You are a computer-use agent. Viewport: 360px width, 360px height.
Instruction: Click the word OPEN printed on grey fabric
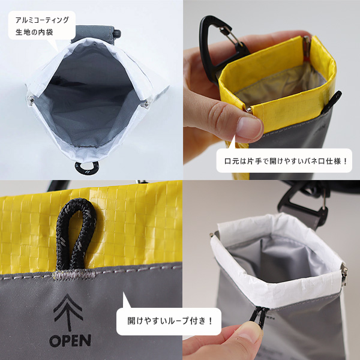coord(70,340)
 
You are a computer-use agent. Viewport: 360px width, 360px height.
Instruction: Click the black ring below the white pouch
coord(87,167)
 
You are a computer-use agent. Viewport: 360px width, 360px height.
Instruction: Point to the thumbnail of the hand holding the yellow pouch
coord(249,128)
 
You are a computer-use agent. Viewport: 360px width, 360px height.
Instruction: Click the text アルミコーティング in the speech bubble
coord(42,20)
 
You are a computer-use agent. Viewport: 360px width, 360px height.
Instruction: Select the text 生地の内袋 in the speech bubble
coord(34,32)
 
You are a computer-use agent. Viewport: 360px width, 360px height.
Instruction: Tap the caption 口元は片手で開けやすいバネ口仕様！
coord(286,161)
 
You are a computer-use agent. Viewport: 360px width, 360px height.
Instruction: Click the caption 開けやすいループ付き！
coord(170,321)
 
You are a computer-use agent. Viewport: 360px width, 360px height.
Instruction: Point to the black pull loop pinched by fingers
coord(259,316)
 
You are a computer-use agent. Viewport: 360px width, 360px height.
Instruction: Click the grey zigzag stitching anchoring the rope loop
coord(74,274)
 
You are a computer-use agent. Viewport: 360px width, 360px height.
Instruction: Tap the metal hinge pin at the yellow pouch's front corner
coord(248,110)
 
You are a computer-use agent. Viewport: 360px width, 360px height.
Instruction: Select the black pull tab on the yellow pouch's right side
coord(333,102)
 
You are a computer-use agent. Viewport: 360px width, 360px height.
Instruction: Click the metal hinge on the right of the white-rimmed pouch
coord(344,273)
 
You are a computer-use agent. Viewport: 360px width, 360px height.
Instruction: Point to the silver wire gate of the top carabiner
coord(231,36)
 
